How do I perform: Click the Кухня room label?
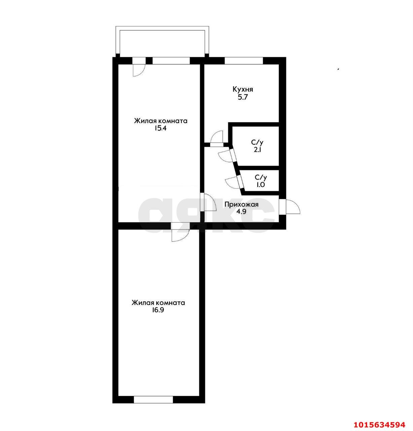243,89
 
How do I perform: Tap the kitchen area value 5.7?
243,97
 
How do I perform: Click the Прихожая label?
241,204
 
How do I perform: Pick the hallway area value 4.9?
241,212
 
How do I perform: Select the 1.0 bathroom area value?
260,185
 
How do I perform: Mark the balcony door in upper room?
139,67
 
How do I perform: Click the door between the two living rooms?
180,232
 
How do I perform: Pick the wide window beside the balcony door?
171,61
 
